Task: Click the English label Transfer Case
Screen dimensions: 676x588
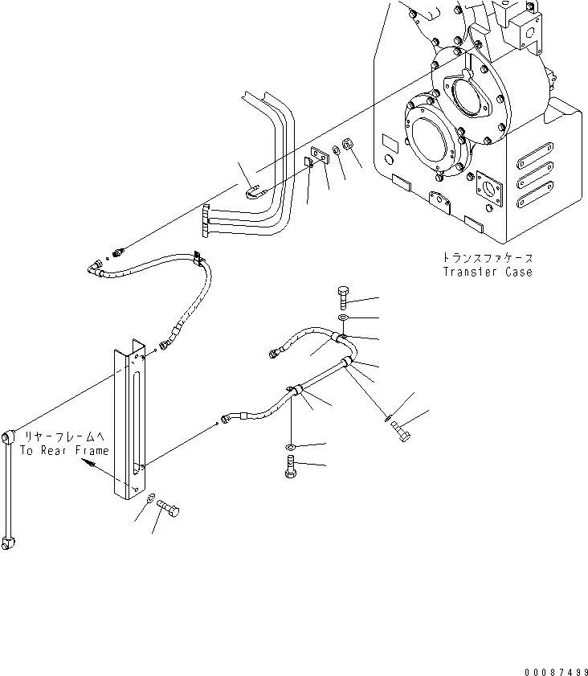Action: (487, 272)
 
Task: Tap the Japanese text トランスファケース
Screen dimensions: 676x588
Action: (487, 259)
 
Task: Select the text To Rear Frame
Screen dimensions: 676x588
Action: (64, 451)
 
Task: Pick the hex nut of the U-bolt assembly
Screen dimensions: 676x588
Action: (349, 145)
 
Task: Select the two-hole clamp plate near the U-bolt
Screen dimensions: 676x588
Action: (318, 158)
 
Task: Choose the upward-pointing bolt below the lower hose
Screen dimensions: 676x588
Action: (291, 465)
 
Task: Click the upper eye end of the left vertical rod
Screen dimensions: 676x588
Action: (9, 437)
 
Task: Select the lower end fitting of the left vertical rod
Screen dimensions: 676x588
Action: (9, 543)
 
